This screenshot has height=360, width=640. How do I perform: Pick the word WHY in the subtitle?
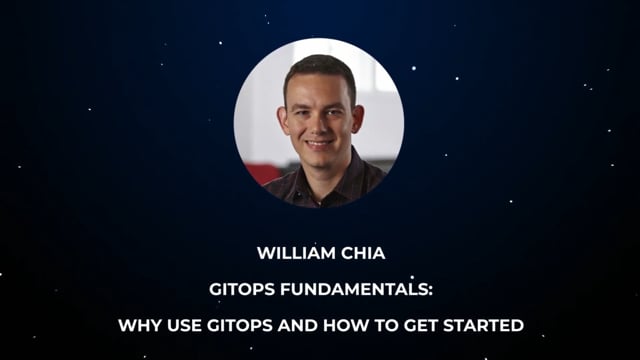tap(140, 324)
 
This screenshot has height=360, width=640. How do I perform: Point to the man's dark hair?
tap(318, 70)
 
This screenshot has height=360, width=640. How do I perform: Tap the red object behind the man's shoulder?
tap(262, 172)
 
